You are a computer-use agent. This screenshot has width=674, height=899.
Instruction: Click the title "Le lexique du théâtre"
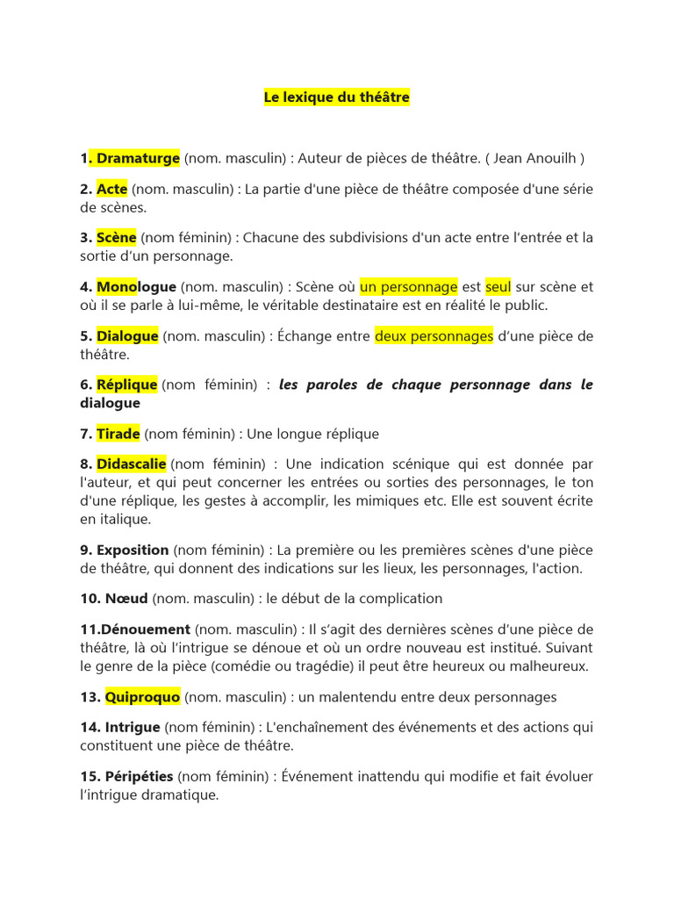pyautogui.click(x=337, y=97)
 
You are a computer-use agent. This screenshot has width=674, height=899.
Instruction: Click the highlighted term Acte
pyautogui.click(x=112, y=189)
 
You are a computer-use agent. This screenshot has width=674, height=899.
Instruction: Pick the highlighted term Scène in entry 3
pyautogui.click(x=117, y=237)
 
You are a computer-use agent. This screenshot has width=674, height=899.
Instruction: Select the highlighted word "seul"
pyautogui.click(x=498, y=286)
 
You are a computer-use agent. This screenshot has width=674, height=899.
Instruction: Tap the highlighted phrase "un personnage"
pyautogui.click(x=408, y=286)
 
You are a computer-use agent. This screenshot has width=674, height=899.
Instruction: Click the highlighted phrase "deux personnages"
pyautogui.click(x=434, y=335)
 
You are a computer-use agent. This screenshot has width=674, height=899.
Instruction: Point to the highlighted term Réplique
pyautogui.click(x=127, y=385)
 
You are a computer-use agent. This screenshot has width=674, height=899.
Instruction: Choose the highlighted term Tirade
pyautogui.click(x=118, y=434)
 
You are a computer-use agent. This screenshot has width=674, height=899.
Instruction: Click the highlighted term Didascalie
pyautogui.click(x=132, y=464)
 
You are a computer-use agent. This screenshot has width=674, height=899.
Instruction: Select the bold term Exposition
pyautogui.click(x=133, y=550)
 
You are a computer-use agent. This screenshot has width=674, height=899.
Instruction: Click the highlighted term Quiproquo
pyautogui.click(x=142, y=697)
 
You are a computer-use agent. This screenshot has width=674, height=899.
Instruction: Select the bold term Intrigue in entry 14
pyautogui.click(x=133, y=727)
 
